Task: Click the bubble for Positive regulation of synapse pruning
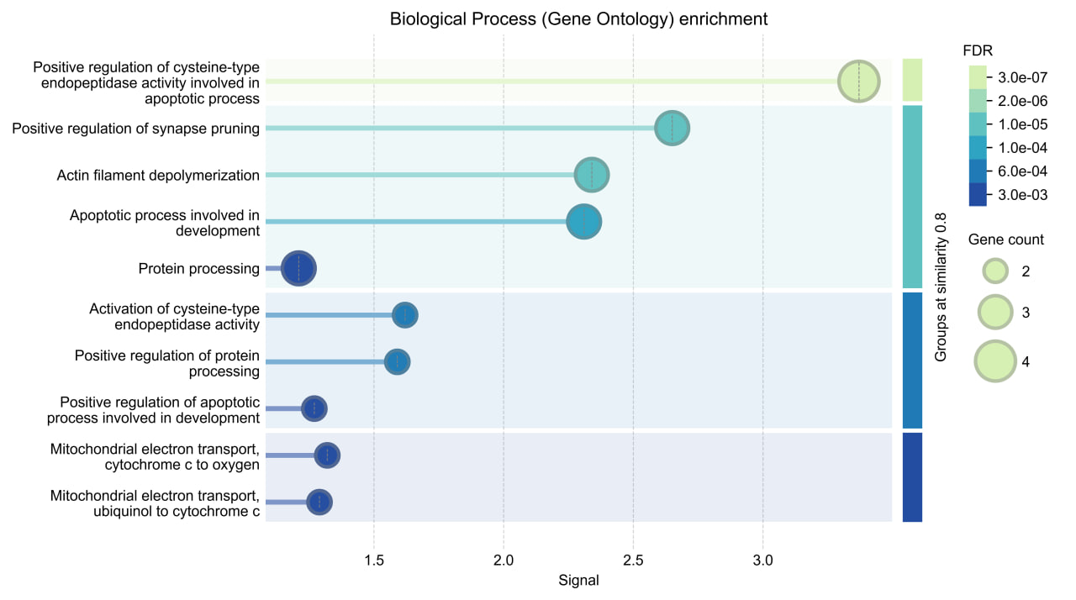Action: (672, 129)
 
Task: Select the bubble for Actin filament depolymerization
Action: (592, 175)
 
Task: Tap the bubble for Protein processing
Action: (298, 269)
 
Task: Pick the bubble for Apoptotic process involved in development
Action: (583, 222)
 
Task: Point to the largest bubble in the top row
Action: (858, 82)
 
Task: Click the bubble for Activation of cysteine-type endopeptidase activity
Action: (405, 315)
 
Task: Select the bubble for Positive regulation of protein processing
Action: (398, 362)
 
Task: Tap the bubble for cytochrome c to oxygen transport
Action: (327, 455)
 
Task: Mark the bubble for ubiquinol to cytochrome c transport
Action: (319, 503)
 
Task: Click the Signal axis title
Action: (578, 580)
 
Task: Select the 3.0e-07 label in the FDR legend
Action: (1021, 78)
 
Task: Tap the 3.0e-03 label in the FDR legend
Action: (1021, 195)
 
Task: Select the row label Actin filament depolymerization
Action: (158, 176)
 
